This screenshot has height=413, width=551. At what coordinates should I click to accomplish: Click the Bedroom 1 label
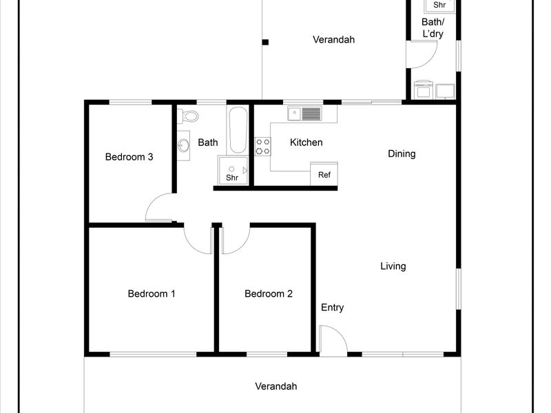[152, 294]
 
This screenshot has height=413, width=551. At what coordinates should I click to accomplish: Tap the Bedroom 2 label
[269, 294]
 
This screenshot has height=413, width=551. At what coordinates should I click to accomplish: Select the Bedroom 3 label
[129, 157]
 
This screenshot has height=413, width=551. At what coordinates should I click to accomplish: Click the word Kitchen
[306, 142]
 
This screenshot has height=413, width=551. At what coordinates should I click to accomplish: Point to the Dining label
[402, 153]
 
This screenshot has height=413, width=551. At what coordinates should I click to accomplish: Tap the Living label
[393, 266]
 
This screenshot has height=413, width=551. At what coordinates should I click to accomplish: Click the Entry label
[333, 308]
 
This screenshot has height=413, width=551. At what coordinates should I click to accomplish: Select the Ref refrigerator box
[324, 174]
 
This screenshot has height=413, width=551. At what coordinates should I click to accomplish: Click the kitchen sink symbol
[304, 114]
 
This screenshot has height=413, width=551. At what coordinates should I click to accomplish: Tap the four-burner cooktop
[263, 147]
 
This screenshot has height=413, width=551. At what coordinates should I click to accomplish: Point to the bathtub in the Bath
[238, 130]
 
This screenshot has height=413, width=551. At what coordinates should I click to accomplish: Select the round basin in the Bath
[183, 145]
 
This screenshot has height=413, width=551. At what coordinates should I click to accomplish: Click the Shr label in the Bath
[232, 178]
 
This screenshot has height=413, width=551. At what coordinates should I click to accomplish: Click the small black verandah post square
[265, 42]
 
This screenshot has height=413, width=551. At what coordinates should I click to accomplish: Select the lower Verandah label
[276, 386]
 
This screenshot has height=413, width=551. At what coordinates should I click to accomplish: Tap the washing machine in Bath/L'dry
[424, 90]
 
